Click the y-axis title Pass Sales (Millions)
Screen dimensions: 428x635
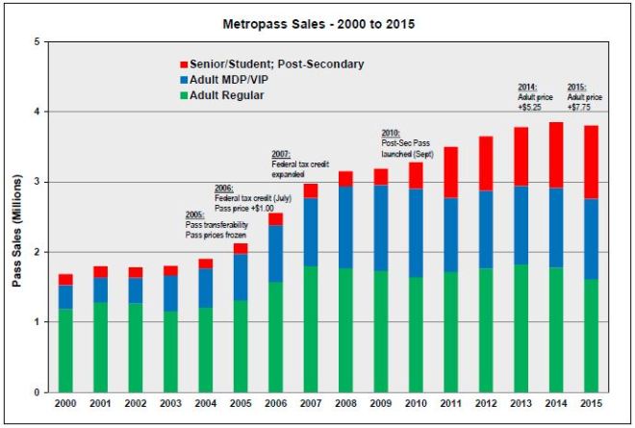pos(16,217)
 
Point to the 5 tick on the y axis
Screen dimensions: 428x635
pos(37,42)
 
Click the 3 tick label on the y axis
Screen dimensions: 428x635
pos(37,182)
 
